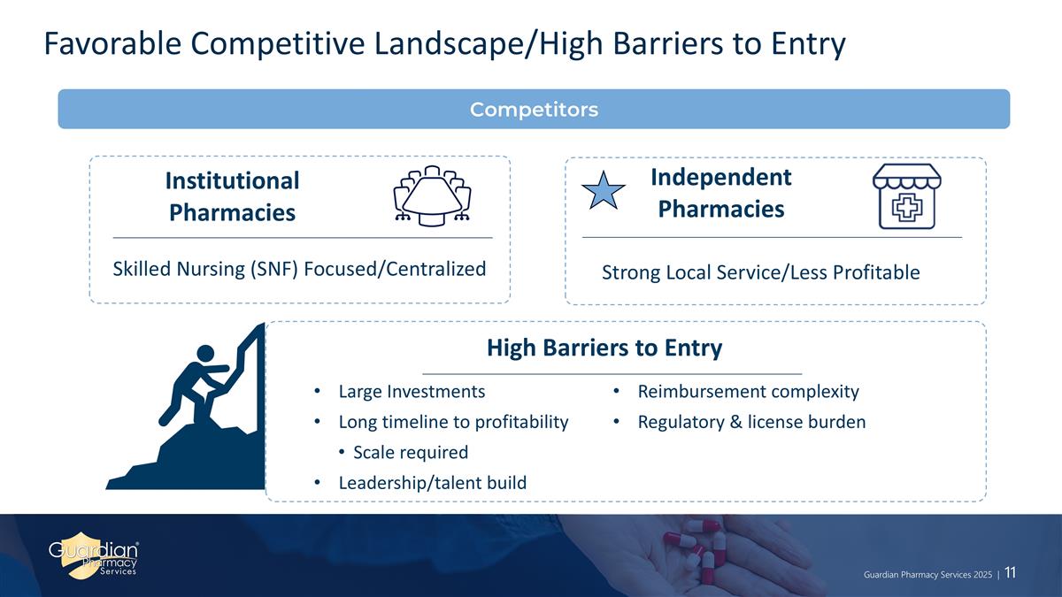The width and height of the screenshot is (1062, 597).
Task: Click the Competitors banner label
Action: click(534, 110)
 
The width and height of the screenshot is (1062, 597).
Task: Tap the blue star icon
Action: click(603, 191)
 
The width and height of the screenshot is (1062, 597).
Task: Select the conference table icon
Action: click(432, 195)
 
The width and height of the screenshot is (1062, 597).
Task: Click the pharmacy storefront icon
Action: click(907, 196)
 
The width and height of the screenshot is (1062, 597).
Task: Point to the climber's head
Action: click(205, 354)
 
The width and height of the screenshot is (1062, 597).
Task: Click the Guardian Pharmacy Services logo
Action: click(94, 555)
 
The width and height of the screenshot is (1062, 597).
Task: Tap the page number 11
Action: click(1011, 573)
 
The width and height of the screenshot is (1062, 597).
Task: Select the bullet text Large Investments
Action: click(412, 391)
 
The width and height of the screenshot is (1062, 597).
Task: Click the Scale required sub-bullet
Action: click(411, 452)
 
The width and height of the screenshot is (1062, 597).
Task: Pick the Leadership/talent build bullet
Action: click(433, 483)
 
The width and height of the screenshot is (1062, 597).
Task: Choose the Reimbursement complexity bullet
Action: click(748, 392)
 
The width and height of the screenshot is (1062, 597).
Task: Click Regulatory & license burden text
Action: click(751, 422)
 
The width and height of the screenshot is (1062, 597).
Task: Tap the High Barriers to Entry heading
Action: click(604, 348)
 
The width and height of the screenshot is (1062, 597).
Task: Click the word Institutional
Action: click(232, 180)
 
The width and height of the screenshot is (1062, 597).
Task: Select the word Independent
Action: click(721, 177)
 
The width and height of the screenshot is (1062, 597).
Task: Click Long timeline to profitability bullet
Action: click(453, 422)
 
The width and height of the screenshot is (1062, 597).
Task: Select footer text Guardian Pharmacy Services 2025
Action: click(927, 575)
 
